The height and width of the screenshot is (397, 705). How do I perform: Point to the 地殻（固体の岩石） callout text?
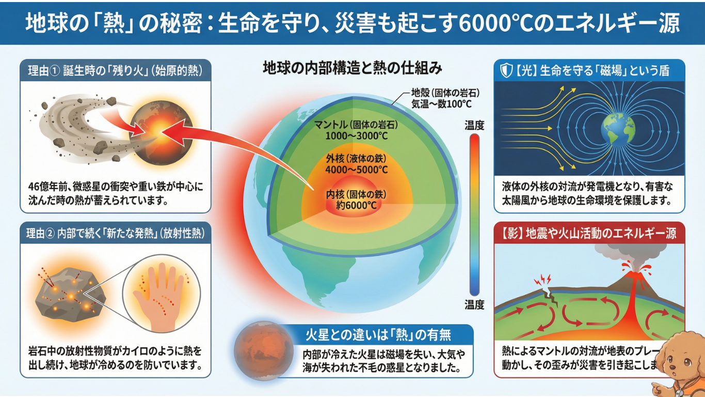click(x=445, y=93)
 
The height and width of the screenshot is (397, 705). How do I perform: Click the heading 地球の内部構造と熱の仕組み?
click(x=352, y=68)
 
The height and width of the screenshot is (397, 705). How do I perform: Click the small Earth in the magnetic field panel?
click(x=617, y=129)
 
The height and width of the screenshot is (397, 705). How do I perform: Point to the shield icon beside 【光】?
click(x=506, y=70)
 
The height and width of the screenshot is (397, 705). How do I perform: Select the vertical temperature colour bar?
click(x=474, y=215)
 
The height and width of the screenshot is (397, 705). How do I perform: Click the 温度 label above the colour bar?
click(x=474, y=125)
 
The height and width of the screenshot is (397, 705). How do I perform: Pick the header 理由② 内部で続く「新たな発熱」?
click(x=115, y=234)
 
